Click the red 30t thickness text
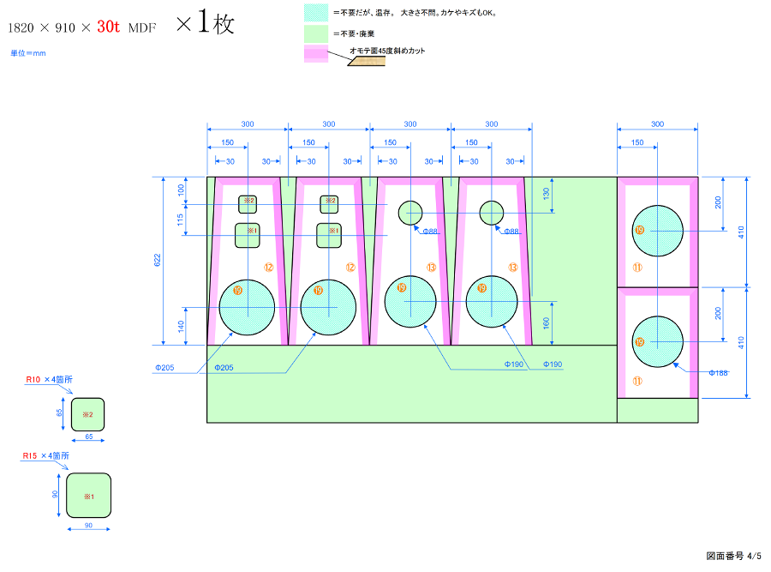coord(108,27)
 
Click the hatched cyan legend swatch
coord(315,14)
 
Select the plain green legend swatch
coord(315,34)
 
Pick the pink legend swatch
coord(315,55)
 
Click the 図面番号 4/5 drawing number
coord(733,557)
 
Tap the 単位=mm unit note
coord(28,53)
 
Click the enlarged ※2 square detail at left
coord(87,414)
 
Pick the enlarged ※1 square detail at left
coord(88,496)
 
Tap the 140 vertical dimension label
coord(181,326)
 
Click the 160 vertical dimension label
coord(547,323)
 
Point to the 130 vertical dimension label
coord(547,194)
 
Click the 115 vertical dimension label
coord(181,220)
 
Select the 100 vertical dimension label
coord(181,189)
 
